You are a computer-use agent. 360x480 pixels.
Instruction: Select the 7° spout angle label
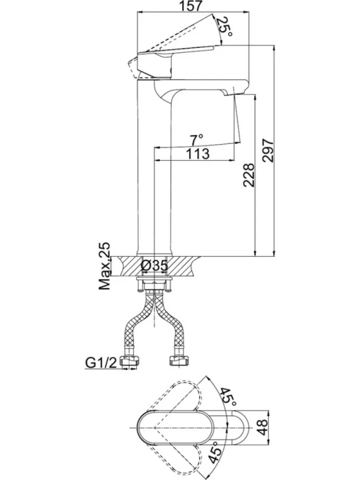197,140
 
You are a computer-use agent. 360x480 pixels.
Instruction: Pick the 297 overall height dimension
268,150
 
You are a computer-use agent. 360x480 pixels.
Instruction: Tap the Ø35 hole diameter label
155,266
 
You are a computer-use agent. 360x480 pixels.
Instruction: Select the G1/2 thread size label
101,363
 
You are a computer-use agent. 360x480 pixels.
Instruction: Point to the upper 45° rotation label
228,397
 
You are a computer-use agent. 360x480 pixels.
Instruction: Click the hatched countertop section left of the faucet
128,266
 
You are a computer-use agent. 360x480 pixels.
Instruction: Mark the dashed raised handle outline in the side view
171,34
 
